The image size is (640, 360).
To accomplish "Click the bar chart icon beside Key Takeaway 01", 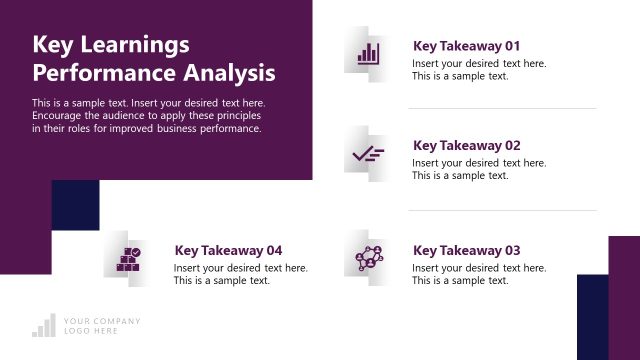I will pyautogui.click(x=368, y=53).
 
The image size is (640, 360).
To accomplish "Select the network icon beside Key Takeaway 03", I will pyautogui.click(x=368, y=258).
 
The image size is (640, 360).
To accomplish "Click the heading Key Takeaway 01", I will pyautogui.click(x=466, y=46).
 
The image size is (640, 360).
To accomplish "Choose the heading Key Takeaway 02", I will pyautogui.click(x=466, y=145).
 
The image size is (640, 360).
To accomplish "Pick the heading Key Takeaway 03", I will pyautogui.click(x=466, y=250).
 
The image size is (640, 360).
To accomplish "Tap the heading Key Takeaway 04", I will pyautogui.click(x=228, y=250).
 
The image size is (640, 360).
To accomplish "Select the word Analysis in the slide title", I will pyautogui.click(x=236, y=73).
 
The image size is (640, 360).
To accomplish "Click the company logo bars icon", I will pyautogui.click(x=43, y=325).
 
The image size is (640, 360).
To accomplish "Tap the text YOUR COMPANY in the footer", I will pyautogui.click(x=102, y=321).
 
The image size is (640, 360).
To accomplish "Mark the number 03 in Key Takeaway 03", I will pyautogui.click(x=512, y=250).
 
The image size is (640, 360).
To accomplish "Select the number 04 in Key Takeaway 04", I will pyautogui.click(x=273, y=250).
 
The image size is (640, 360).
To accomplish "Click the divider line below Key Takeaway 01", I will pyautogui.click(x=502, y=108).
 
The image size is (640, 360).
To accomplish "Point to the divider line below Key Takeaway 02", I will pyautogui.click(x=502, y=210).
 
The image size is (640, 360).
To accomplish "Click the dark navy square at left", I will pyautogui.click(x=75, y=205).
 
